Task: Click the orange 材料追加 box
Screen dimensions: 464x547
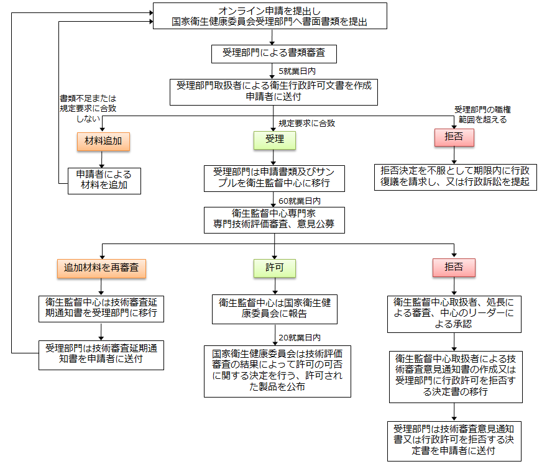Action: (x=104, y=141)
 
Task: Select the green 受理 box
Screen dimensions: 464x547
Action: (x=274, y=140)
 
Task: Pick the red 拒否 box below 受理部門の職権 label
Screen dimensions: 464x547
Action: (x=454, y=137)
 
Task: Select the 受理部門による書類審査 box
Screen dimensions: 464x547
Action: (x=273, y=53)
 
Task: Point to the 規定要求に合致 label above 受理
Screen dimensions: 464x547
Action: (x=306, y=123)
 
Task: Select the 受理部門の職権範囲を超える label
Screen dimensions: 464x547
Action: (x=483, y=114)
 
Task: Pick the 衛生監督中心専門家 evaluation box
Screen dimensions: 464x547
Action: (x=273, y=220)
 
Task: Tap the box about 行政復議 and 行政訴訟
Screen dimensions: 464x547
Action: (x=454, y=177)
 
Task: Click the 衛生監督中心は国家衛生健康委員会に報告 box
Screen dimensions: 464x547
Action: (x=274, y=309)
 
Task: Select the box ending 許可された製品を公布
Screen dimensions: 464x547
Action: (x=277, y=371)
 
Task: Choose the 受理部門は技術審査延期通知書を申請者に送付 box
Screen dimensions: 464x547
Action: (x=101, y=353)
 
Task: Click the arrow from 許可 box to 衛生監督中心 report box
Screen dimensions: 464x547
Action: (x=274, y=286)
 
